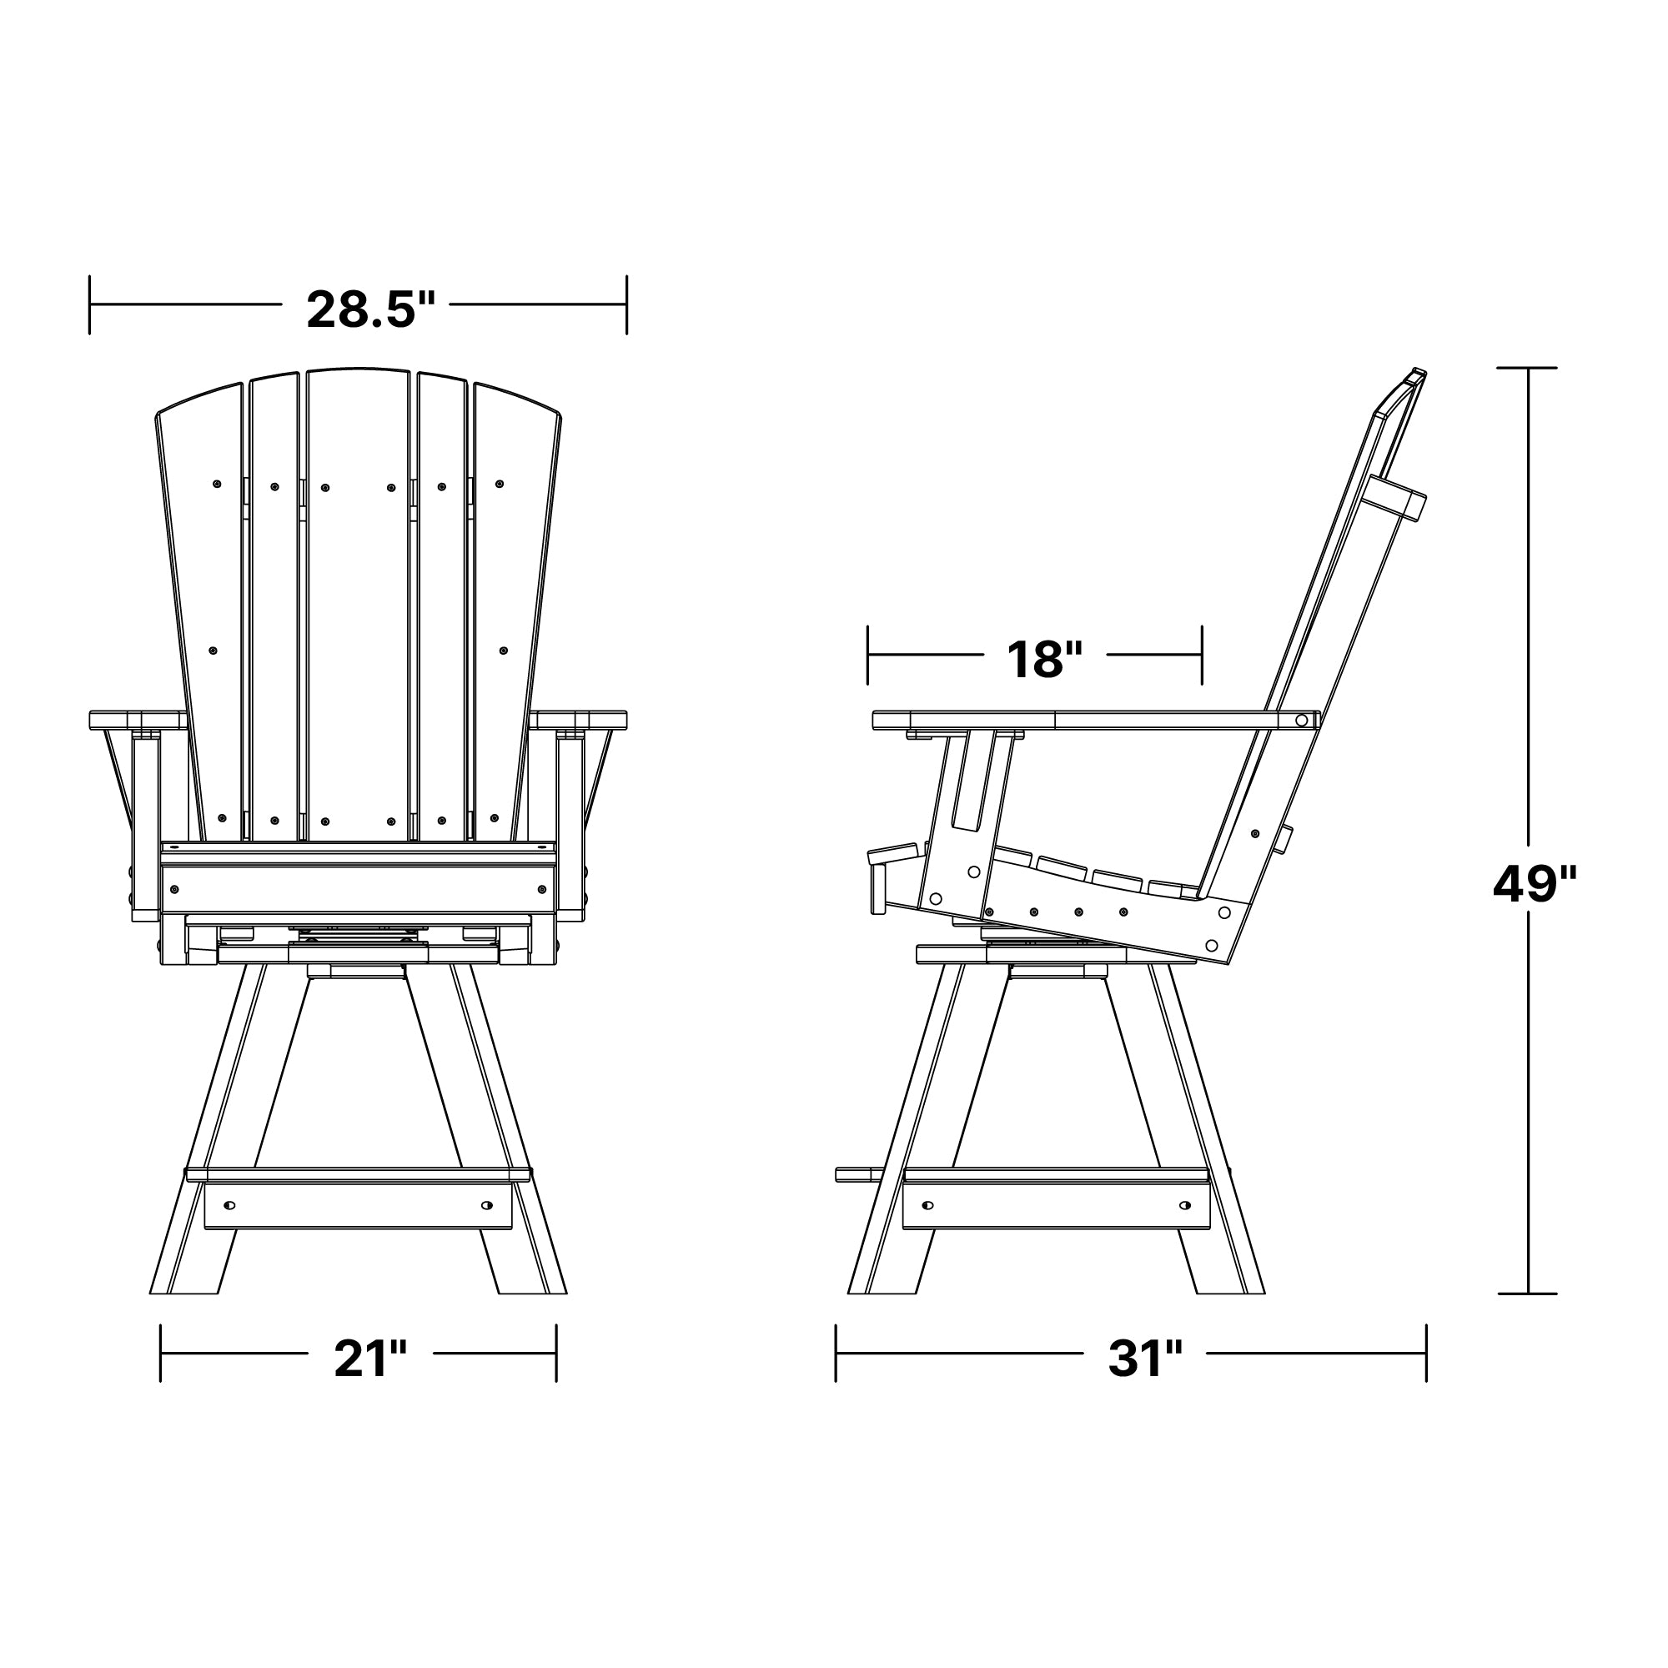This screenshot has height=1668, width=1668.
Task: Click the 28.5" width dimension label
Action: pyautogui.click(x=370, y=309)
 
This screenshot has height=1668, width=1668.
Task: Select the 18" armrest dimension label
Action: pyautogui.click(x=1044, y=660)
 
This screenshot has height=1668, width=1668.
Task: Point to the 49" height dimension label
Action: pyautogui.click(x=1535, y=884)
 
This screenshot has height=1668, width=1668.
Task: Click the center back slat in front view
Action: pyautogui.click(x=359, y=605)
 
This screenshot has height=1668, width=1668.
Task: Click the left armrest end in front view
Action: pyautogui.click(x=138, y=719)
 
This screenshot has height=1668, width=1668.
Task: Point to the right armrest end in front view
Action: pyautogui.click(x=578, y=719)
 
